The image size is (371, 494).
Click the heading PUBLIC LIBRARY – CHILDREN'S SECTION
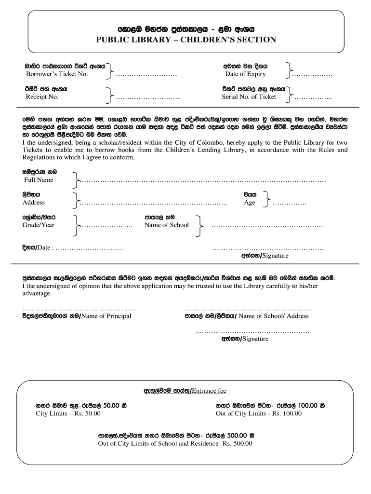(x=185, y=40)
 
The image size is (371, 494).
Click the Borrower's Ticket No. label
(x=56, y=74)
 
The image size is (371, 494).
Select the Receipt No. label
(x=42, y=97)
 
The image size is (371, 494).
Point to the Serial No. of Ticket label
(x=249, y=96)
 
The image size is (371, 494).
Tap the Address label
(x=34, y=203)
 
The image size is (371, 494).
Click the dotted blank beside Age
(x=290, y=204)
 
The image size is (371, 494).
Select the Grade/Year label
(x=39, y=225)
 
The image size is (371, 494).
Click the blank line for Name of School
(x=267, y=226)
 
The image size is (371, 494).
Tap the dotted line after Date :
(x=90, y=248)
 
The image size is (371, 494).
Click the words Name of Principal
(x=106, y=316)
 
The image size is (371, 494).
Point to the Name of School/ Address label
(x=273, y=316)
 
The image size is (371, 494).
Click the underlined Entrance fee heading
(x=209, y=390)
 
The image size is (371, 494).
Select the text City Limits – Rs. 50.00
(x=68, y=414)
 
